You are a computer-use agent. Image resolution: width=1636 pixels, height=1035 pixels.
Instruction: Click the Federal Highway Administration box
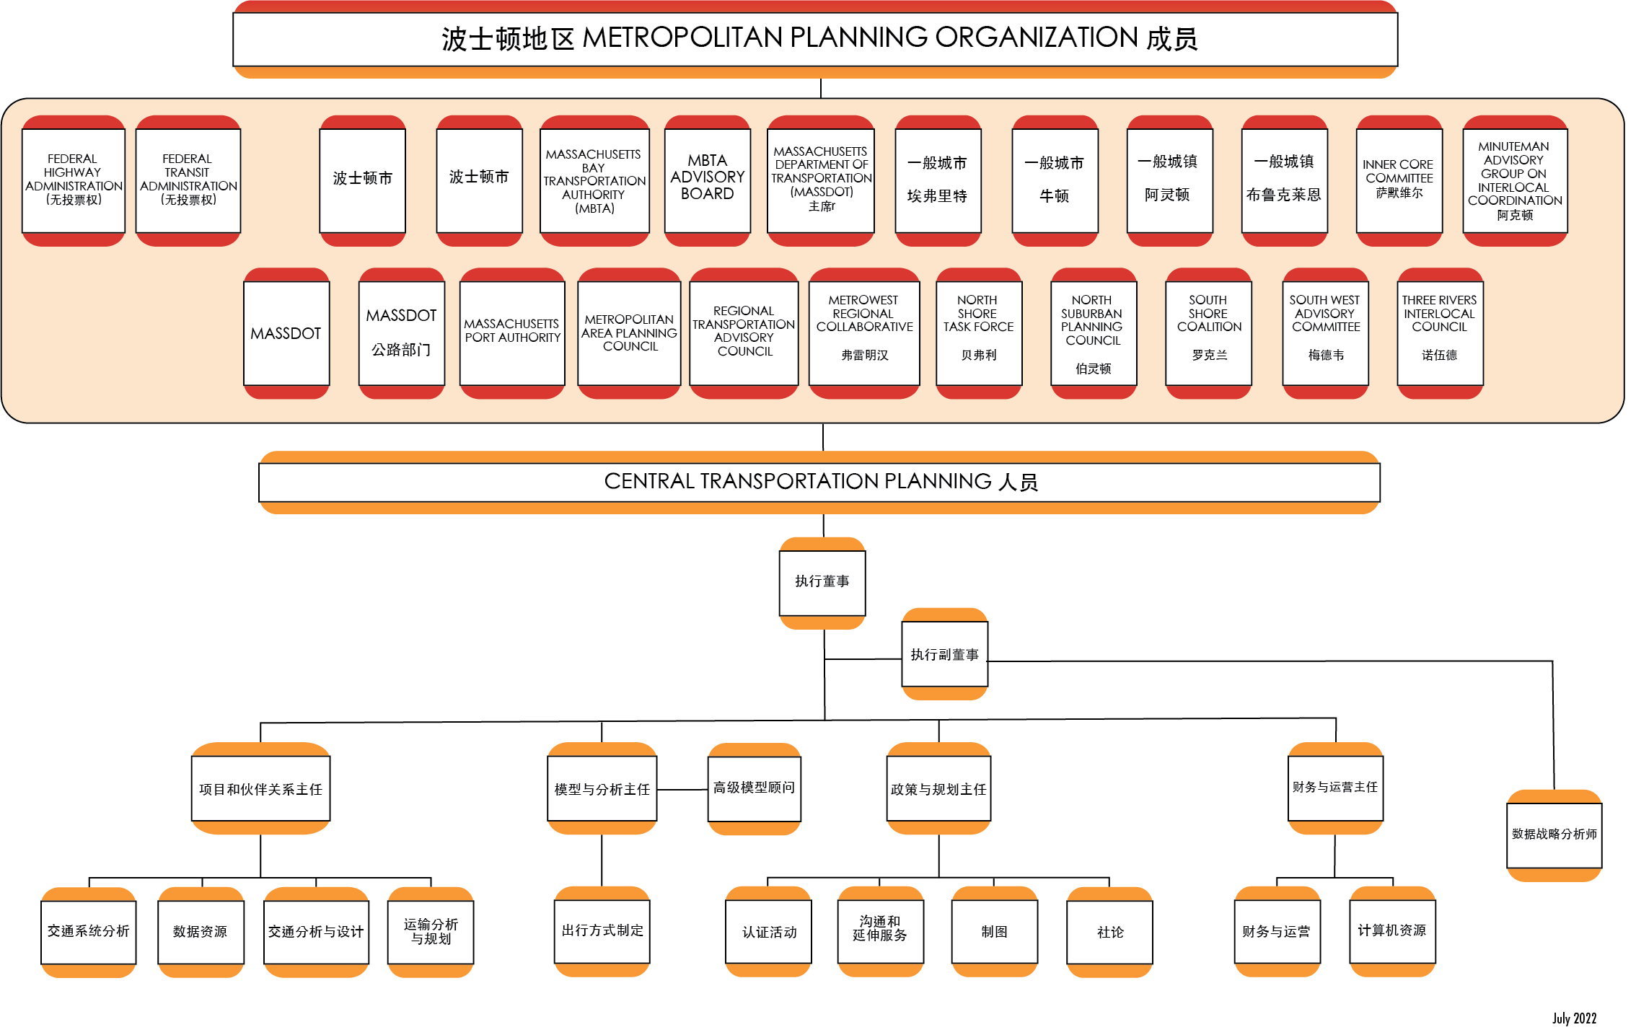[x=74, y=180]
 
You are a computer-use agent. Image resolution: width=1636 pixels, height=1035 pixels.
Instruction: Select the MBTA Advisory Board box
[x=707, y=180]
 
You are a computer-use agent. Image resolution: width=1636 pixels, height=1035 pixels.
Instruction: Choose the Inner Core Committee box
[x=1399, y=180]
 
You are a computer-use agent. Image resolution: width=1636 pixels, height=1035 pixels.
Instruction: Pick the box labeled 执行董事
[x=822, y=582]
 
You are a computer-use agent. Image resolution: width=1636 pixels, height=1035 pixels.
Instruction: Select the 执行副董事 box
[x=944, y=655]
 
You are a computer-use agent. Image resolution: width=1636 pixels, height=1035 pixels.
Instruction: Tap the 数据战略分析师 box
[x=1554, y=834]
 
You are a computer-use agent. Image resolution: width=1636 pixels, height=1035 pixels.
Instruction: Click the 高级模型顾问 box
[x=754, y=788]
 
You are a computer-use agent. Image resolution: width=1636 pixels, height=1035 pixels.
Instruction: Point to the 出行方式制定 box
[x=602, y=931]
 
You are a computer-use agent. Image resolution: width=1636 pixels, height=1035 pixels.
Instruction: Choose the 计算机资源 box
[x=1391, y=931]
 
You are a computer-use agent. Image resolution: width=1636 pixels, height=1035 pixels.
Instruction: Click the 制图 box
[x=994, y=932]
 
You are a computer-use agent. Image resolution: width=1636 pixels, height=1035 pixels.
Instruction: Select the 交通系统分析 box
[x=88, y=932]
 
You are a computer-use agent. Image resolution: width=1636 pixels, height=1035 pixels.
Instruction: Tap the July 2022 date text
[x=1574, y=1018]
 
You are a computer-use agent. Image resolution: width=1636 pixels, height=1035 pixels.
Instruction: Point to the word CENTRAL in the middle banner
[x=648, y=481]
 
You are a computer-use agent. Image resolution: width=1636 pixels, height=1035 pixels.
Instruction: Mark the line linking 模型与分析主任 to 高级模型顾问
[x=682, y=790]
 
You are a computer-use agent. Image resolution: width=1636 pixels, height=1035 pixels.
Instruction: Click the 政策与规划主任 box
[x=938, y=790]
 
